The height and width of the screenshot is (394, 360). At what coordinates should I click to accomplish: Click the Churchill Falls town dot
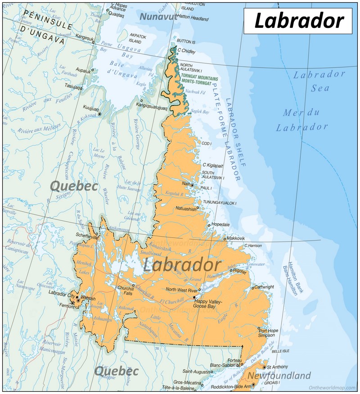tap(133, 285)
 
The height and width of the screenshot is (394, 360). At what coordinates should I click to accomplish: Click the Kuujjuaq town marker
tap(99, 114)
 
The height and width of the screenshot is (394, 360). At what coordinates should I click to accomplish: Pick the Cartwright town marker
tap(253, 287)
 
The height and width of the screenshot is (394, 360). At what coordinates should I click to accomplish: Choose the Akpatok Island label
tap(138, 37)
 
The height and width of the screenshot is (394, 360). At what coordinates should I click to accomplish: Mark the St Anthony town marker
tap(264, 367)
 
